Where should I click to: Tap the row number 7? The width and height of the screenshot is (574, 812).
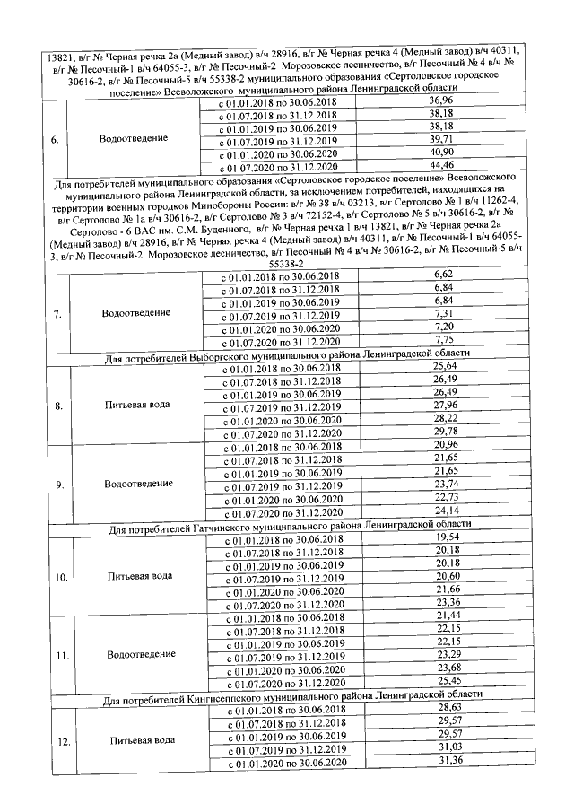[57, 315]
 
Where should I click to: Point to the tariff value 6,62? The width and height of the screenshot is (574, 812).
[442, 273]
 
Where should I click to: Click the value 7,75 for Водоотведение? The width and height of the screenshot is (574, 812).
[442, 341]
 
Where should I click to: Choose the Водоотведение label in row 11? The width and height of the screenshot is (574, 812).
[139, 655]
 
